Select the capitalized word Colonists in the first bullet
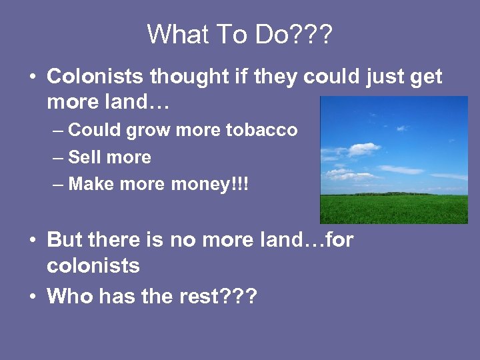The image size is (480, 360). click(95, 77)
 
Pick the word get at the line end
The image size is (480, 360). click(425, 78)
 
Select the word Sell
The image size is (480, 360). click(83, 157)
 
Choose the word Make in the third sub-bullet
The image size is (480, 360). click(87, 185)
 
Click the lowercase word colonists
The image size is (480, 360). click(93, 266)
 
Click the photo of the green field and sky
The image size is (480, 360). click(393, 160)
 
